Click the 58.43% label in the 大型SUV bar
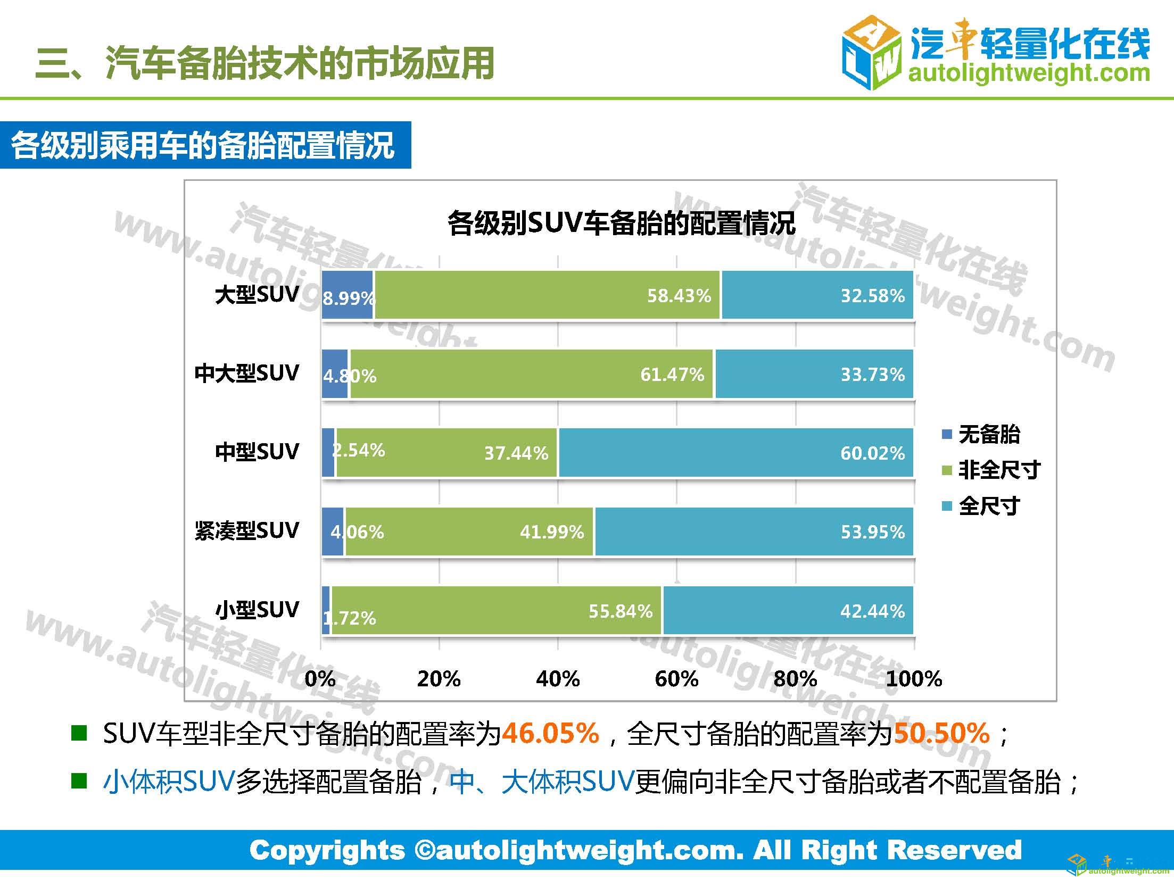679,295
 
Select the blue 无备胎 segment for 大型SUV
347,295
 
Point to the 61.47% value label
672,374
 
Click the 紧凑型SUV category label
247,531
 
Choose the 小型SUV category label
257,610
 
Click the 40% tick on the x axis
558,679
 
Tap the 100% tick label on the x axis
914,679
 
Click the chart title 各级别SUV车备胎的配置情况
621,223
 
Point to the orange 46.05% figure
550,733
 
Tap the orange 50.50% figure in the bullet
941,733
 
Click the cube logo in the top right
871,53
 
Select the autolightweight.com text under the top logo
1029,73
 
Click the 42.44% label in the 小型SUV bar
872,611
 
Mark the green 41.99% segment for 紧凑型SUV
468,532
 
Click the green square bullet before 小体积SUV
79,781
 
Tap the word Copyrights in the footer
327,850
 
